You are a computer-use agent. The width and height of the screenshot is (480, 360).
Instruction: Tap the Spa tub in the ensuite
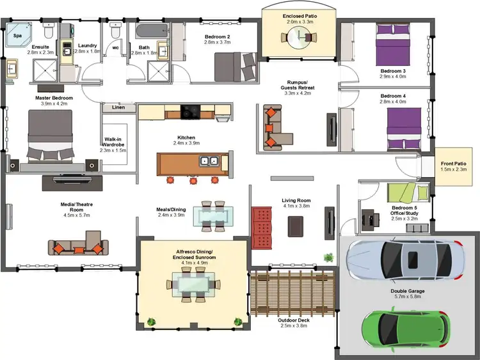click(19, 36)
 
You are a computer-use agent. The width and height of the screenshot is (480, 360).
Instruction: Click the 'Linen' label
click(118, 107)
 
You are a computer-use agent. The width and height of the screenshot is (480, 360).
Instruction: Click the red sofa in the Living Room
click(262, 227)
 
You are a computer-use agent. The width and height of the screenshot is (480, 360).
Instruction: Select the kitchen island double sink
click(209, 161)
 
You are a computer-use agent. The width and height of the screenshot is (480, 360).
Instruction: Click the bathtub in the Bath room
click(147, 32)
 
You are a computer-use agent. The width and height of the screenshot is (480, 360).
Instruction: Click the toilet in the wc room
click(115, 32)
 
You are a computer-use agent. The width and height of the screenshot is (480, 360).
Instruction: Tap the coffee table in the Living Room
click(296, 226)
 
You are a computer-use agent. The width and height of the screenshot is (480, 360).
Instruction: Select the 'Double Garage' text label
click(408, 292)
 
